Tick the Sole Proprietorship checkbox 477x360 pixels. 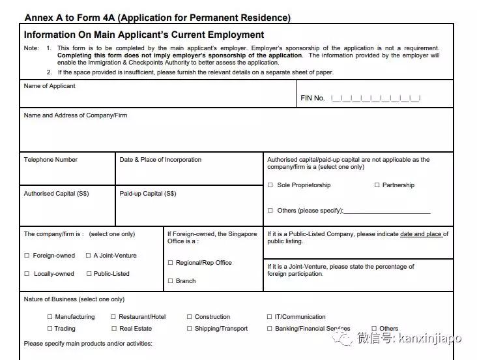[270, 185]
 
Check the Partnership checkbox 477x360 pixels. [377, 185]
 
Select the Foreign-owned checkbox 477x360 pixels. [27, 256]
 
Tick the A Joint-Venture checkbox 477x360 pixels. [89, 256]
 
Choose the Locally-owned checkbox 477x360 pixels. [27, 274]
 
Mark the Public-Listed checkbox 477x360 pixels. [89, 274]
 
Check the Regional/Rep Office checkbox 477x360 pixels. [170, 263]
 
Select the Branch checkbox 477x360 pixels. [170, 281]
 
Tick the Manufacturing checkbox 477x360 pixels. [50, 317]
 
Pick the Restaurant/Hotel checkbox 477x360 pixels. [113, 317]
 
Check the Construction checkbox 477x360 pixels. [190, 317]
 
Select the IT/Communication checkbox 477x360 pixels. [269, 317]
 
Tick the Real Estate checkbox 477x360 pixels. [113, 329]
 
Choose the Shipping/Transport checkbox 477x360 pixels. [190, 329]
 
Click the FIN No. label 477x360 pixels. [312, 98]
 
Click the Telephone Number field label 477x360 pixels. [51, 160]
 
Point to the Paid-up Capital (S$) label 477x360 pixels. [148, 194]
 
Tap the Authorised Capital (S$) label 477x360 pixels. [56, 194]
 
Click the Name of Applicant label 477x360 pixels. [50, 86]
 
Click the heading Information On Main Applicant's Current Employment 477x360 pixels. [144, 35]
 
